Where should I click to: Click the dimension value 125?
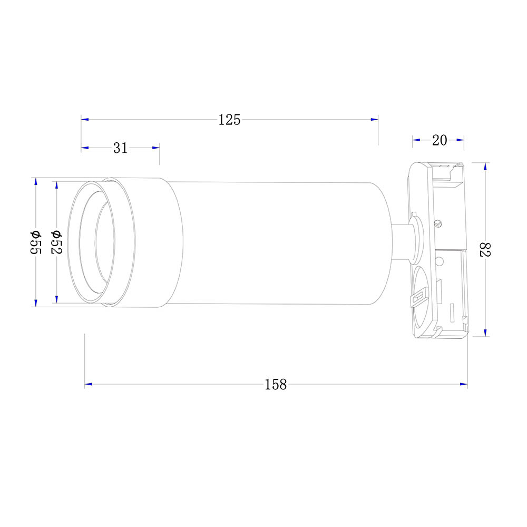coord(229,120)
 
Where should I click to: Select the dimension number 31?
coord(121,148)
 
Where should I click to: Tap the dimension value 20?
coord(440,140)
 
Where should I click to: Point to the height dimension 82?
coord(484,249)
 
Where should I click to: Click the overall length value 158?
coord(276,385)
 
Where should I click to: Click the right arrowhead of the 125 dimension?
coord(375,120)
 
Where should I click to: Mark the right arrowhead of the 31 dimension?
coord(156,148)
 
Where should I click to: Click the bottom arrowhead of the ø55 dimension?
coord(35,303)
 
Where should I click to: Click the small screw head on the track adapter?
coord(438,222)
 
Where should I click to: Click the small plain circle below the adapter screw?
coord(440,260)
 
